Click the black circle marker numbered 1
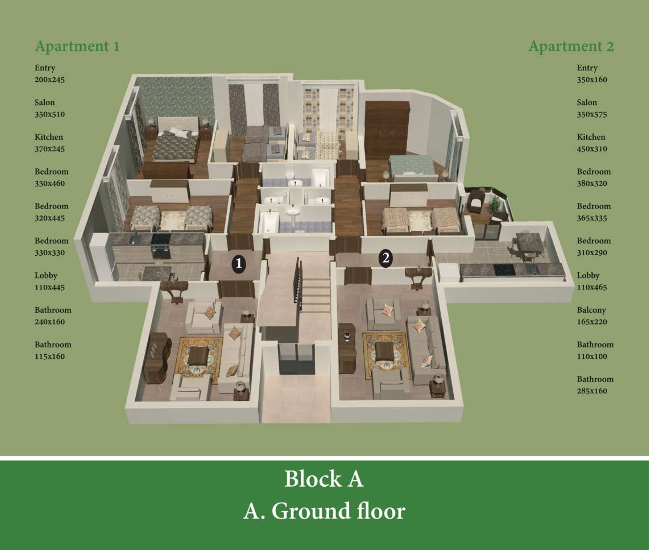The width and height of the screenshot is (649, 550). pyautogui.click(x=238, y=264)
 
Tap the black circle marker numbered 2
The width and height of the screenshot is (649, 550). pyautogui.click(x=386, y=259)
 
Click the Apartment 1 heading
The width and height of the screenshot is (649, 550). pyautogui.click(x=77, y=46)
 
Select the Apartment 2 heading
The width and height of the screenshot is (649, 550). pyautogui.click(x=571, y=46)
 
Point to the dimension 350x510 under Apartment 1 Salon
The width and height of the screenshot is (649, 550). pyautogui.click(x=49, y=114)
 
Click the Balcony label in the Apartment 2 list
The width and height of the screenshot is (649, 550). pyautogui.click(x=591, y=310)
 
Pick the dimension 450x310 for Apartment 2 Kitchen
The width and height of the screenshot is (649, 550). pyautogui.click(x=592, y=149)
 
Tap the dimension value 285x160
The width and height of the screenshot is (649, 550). pyautogui.click(x=592, y=391)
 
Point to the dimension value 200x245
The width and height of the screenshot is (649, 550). pyautogui.click(x=49, y=80)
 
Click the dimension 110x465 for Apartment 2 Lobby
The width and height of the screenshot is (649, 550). pyautogui.click(x=592, y=288)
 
